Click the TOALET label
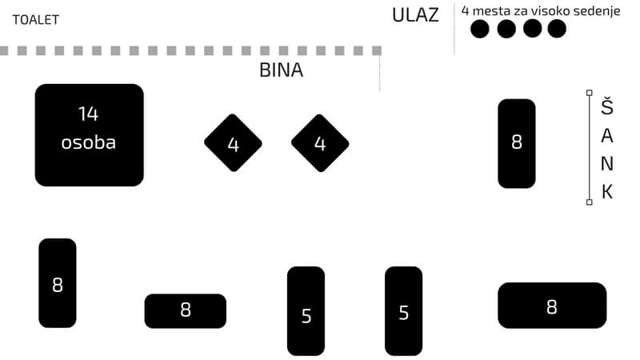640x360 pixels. (35, 20)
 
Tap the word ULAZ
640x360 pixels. (415, 15)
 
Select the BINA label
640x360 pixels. (281, 70)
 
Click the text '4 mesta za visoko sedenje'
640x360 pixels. (540, 10)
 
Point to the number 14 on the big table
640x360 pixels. (88, 114)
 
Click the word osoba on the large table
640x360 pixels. (88, 143)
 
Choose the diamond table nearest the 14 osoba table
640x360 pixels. (233, 143)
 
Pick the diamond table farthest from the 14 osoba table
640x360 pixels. (320, 143)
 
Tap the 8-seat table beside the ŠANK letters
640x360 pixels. (516, 143)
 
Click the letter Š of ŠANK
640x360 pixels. (607, 106)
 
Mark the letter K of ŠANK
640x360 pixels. (607, 191)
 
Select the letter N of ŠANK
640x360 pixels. (607, 164)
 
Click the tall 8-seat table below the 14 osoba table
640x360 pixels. (58, 282)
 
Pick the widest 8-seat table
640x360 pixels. (552, 305)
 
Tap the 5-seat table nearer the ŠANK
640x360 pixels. (403, 310)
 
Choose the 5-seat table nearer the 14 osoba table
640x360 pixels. (306, 310)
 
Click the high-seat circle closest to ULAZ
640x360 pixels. (479, 29)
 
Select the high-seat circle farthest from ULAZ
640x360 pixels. (556, 29)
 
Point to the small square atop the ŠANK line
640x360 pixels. (590, 93)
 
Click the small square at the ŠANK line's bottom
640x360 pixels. (590, 202)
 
